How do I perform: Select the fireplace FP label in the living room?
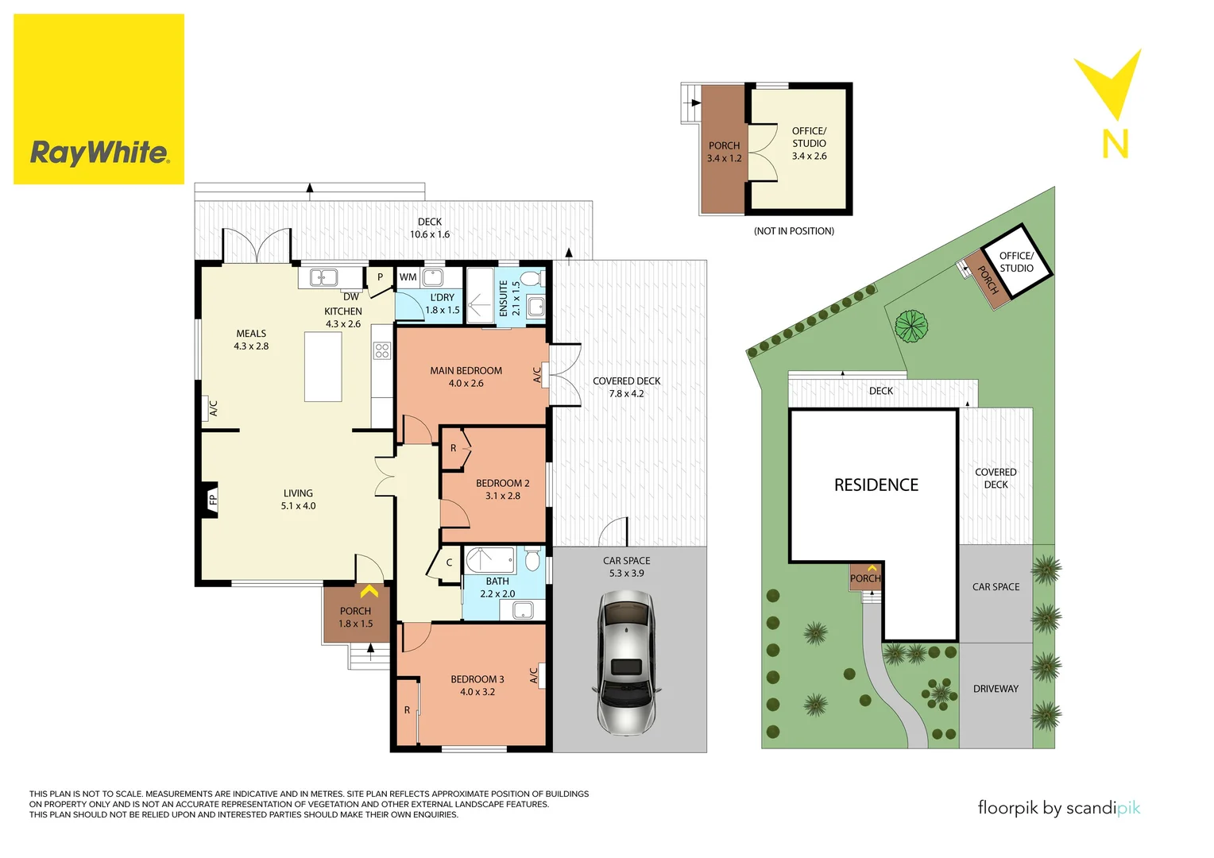212,500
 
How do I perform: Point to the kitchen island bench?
323,367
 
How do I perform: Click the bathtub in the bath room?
489,560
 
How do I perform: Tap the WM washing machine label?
408,277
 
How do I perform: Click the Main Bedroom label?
466,371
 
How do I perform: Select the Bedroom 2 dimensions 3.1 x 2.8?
502,496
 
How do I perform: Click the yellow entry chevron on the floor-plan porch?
369,592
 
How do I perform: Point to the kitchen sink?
323,277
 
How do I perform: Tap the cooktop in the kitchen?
382,350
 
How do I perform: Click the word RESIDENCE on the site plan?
876,485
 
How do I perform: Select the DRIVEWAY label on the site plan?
995,689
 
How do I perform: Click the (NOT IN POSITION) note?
793,231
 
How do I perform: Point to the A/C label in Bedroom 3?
534,675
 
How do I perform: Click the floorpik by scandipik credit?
1058,808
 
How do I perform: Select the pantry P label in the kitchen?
380,277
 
